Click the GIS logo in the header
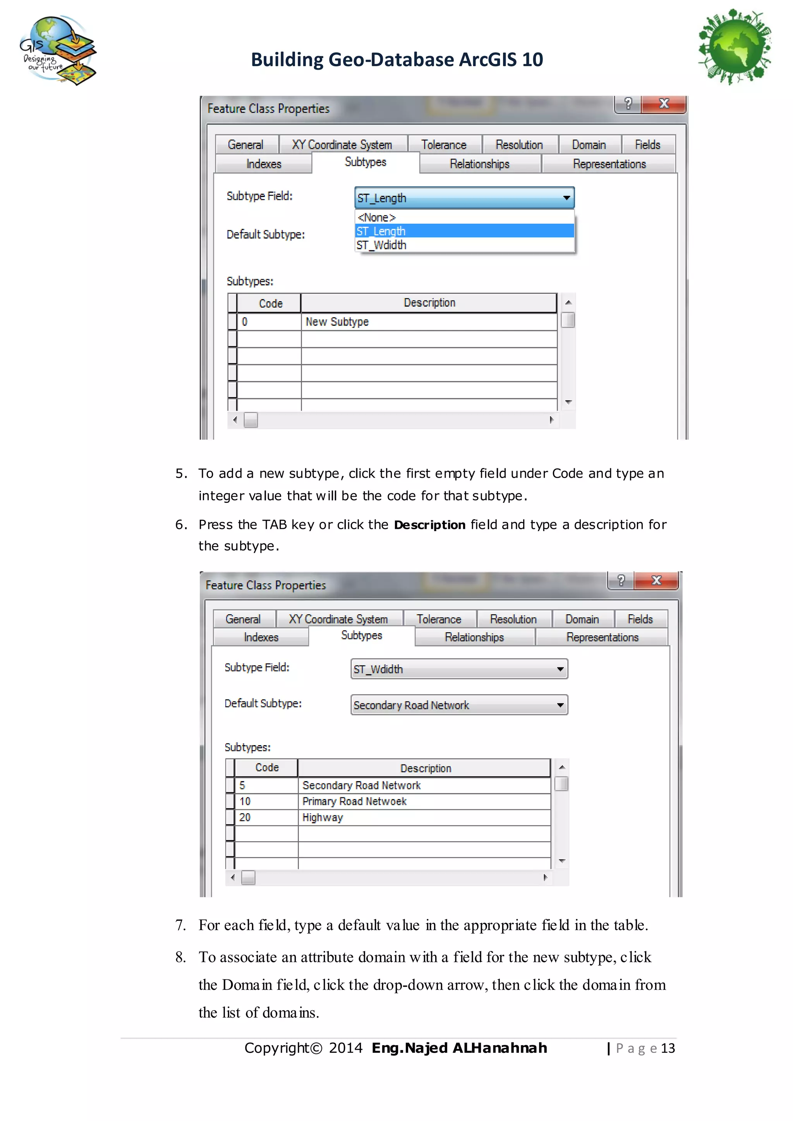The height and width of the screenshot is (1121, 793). [58, 50]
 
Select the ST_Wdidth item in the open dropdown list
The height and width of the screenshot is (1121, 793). [381, 245]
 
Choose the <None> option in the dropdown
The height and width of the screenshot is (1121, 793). [376, 217]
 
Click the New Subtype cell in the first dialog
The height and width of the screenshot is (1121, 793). [337, 322]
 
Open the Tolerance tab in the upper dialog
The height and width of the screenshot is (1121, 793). [444, 145]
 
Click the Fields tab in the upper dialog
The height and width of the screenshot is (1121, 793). [647, 145]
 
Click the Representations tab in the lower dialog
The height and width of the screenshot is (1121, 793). [602, 637]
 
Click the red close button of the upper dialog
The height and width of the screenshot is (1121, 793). [664, 103]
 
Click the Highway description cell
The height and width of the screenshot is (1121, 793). [323, 817]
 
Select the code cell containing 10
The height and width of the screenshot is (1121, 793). [245, 801]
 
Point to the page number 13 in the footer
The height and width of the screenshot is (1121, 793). [668, 1048]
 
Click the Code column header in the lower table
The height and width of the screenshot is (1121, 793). [267, 768]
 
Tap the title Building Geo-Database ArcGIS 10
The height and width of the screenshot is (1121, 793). [396, 60]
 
